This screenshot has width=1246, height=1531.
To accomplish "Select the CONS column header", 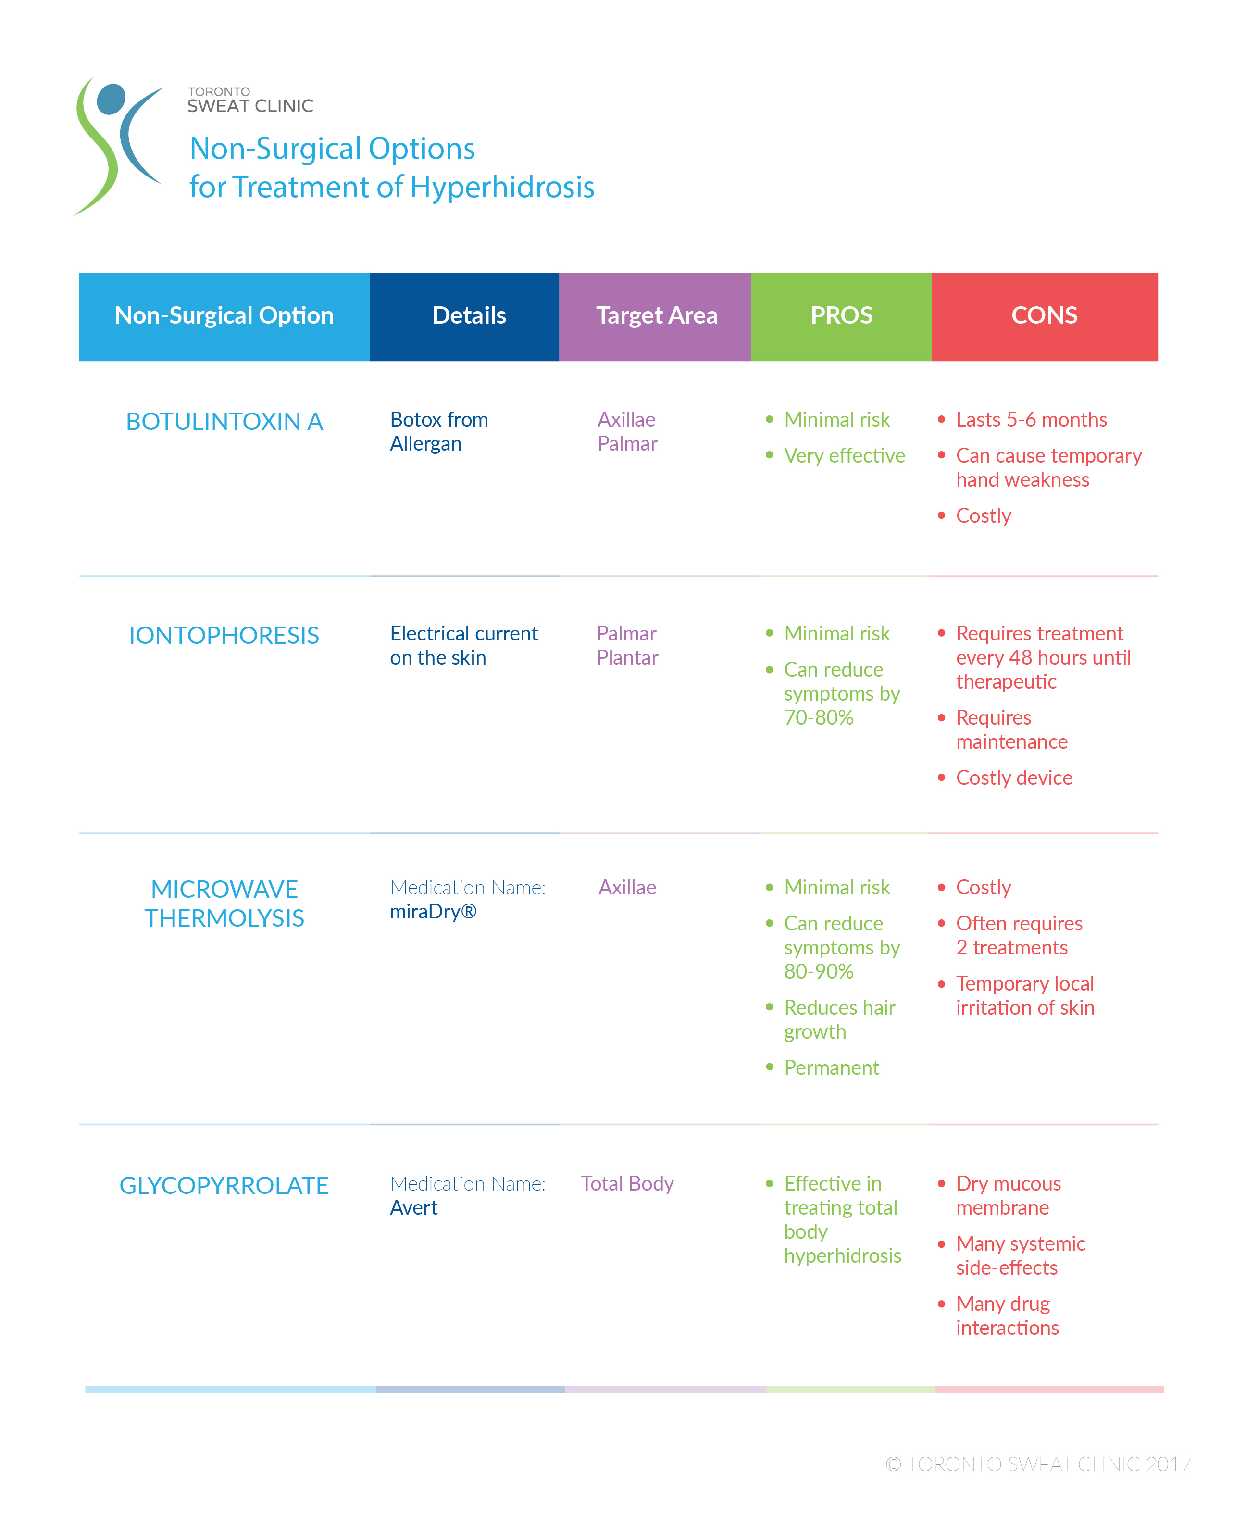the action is click(x=1044, y=316).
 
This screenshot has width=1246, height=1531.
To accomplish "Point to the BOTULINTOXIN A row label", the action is click(x=224, y=421).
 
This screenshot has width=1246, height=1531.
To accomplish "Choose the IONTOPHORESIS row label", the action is click(x=224, y=635).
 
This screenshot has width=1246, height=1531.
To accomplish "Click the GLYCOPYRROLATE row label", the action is click(x=224, y=1185).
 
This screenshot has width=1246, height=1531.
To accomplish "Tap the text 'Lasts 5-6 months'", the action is click(x=1032, y=419).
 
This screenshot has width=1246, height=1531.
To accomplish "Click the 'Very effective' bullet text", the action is click(x=844, y=456).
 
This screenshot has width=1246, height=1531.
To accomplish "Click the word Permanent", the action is click(x=831, y=1067).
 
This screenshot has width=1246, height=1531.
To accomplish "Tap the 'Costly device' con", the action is click(x=1014, y=778).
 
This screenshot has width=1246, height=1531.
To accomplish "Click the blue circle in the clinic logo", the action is click(x=111, y=99).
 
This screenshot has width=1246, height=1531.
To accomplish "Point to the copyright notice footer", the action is click(x=1038, y=1464).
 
